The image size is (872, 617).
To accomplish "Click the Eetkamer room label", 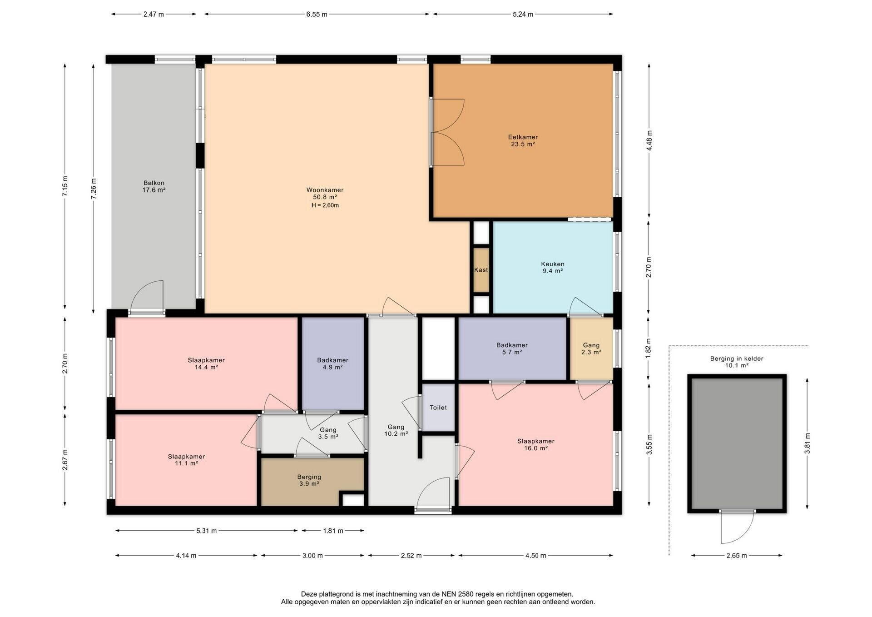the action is point(523,140).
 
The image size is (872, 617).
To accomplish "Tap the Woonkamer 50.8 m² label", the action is point(325,194).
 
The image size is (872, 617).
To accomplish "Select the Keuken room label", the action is point(553,267).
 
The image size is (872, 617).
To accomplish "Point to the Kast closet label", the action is point(481,270).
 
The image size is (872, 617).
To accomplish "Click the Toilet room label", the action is point(438,408).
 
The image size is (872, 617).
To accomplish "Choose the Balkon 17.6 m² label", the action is point(154,187).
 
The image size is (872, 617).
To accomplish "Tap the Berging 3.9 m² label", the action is point(309,480).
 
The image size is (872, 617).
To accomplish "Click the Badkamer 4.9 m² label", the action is point(333,363).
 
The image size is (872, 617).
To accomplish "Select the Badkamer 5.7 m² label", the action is point(512,348).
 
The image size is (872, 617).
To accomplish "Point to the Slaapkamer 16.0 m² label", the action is point(536,444).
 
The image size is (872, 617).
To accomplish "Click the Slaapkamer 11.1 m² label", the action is point(186,460).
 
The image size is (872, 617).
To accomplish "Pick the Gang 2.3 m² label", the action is point(591,348).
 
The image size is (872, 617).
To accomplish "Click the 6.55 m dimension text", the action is point(317,14).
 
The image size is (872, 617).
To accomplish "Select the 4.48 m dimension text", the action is point(649,141).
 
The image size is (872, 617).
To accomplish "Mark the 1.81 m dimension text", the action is point(333,531).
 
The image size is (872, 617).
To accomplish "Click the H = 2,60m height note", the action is point(325,205).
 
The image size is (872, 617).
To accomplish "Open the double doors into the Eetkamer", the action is point(447,132).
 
